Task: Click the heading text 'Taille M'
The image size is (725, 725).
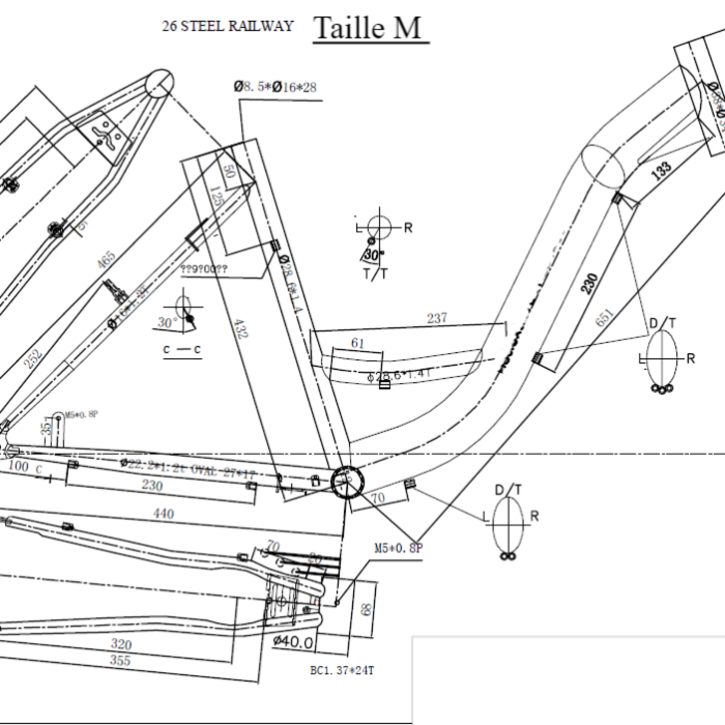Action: click(368, 28)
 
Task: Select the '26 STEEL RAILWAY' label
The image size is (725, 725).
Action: click(227, 26)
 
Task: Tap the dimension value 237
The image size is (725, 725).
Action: click(436, 318)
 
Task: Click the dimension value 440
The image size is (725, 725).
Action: click(164, 514)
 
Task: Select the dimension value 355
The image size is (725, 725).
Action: click(120, 660)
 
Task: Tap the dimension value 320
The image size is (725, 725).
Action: click(121, 644)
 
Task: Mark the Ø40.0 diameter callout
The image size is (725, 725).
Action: click(293, 642)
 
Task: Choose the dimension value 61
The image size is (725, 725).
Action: click(358, 344)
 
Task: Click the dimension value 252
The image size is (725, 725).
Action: click(33, 358)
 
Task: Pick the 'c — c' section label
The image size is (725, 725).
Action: click(182, 350)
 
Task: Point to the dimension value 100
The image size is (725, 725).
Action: click(18, 466)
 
